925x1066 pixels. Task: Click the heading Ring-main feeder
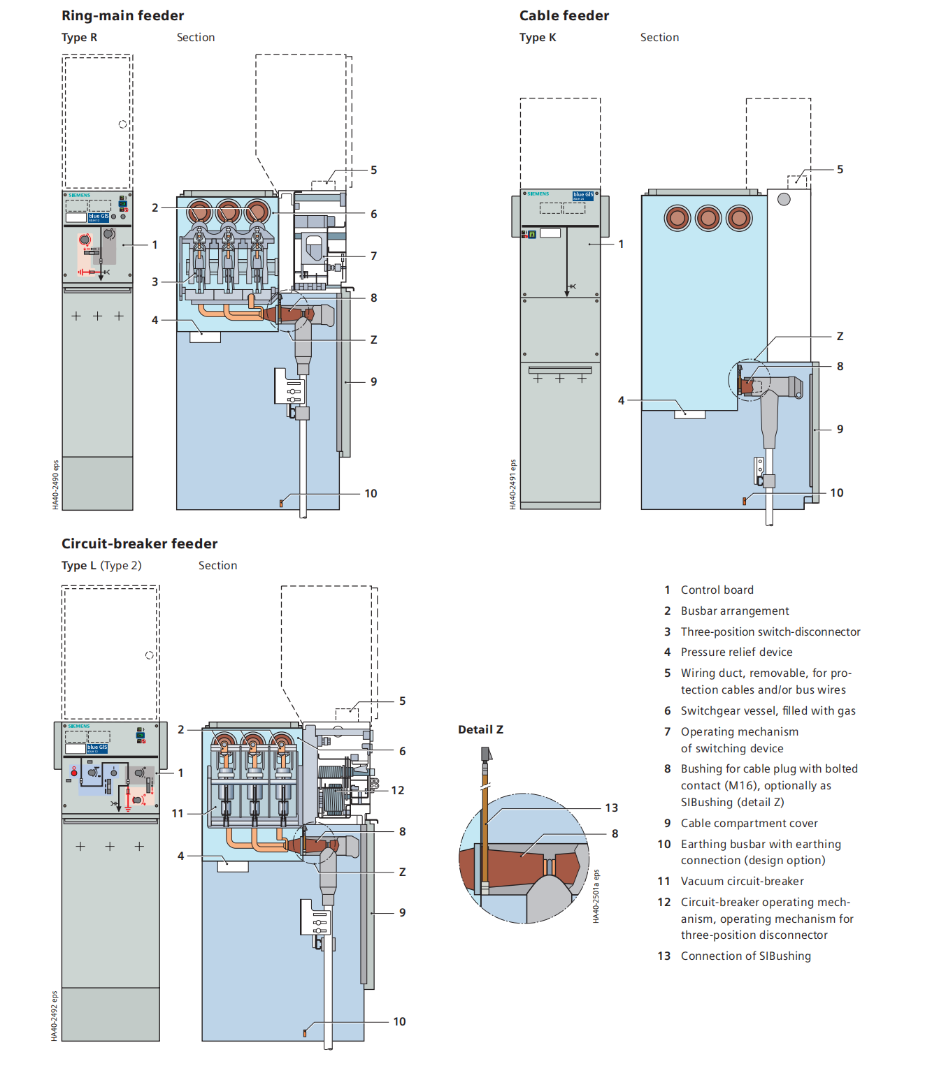coord(122,15)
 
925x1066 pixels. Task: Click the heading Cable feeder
coord(564,15)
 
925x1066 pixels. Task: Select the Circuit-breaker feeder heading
coord(139,543)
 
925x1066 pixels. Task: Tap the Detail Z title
coord(480,729)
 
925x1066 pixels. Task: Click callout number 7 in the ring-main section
coord(373,256)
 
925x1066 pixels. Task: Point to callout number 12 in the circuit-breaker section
coord(397,790)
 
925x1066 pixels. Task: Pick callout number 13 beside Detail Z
coord(611,808)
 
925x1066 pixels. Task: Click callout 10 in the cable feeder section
coord(836,492)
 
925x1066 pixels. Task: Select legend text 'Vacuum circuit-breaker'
coord(742,881)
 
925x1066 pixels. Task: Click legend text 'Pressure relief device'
coord(736,652)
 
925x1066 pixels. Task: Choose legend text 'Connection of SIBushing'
coord(745,956)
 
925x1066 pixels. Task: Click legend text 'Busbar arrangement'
coord(734,611)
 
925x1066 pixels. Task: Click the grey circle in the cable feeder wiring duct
coord(784,199)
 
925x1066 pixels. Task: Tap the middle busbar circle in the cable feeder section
coord(708,218)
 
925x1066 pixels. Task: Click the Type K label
coord(538,38)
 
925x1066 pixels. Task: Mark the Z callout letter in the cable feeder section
coord(840,336)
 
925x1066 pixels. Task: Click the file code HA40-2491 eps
coord(512,483)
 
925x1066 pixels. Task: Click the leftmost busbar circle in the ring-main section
coord(199,212)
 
